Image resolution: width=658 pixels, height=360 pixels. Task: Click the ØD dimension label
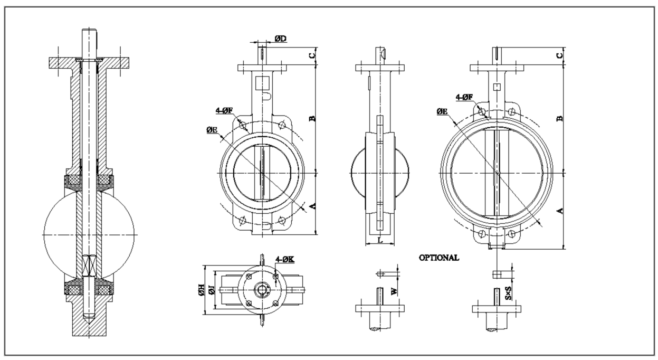pos(280,40)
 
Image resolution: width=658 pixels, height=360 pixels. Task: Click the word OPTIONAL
pos(438,258)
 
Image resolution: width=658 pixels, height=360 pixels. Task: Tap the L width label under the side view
pos(380,240)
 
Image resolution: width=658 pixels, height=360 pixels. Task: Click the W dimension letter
pos(394,290)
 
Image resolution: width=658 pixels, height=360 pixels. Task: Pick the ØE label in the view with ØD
pos(214,129)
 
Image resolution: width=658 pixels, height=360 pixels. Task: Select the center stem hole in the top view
pos(262,290)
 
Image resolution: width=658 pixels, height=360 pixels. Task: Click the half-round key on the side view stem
pos(384,52)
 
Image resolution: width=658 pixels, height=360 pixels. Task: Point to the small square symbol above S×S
pos(497,274)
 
